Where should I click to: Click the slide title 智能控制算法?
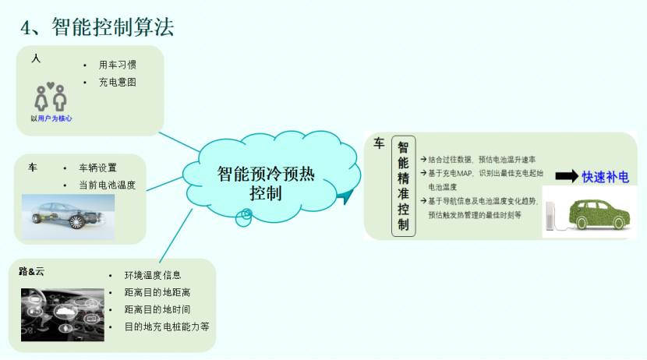(x=97, y=27)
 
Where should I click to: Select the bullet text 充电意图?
(x=118, y=81)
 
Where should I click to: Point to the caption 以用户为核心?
(x=51, y=118)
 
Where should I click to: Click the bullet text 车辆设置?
(x=98, y=168)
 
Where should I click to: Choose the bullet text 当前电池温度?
(x=108, y=185)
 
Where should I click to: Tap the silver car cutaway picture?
(x=69, y=212)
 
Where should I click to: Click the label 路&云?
(x=32, y=271)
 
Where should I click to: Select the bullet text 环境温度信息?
(x=153, y=275)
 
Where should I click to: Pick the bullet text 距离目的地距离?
(x=157, y=292)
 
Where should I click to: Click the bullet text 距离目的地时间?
(x=157, y=309)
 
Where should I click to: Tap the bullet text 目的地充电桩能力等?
(x=167, y=326)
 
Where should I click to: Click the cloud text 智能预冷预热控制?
(x=266, y=183)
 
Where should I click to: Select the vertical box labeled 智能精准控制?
(x=403, y=185)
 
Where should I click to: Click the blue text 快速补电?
(x=606, y=177)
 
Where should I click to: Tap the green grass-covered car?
(x=599, y=214)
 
